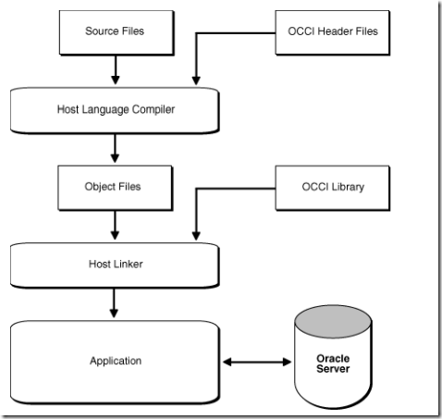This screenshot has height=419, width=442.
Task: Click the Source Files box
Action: click(x=116, y=32)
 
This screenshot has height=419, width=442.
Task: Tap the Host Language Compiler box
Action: click(x=116, y=110)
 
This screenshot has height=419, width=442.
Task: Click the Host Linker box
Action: click(x=116, y=265)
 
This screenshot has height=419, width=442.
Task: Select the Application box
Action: click(x=116, y=360)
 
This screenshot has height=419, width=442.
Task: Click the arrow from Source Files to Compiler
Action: click(x=116, y=68)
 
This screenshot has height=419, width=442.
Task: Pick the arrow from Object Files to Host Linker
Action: click(x=116, y=225)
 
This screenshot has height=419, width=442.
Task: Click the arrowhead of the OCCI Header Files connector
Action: click(x=194, y=80)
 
